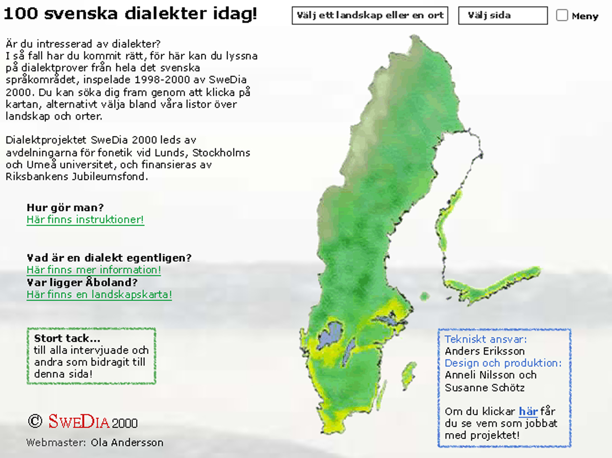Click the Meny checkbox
point(562,15)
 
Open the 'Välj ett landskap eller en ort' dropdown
point(370,15)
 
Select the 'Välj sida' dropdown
point(503,15)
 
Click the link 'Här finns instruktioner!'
point(85,220)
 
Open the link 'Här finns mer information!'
point(94,270)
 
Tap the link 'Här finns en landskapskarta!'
point(99,294)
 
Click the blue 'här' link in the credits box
point(528,411)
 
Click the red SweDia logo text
point(79,422)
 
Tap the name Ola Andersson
point(127,442)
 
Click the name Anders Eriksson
point(484,351)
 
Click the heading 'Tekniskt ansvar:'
point(486,339)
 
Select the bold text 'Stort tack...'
point(67,338)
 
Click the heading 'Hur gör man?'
point(65,208)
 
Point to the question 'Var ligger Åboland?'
point(82,282)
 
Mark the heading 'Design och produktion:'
point(503,363)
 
